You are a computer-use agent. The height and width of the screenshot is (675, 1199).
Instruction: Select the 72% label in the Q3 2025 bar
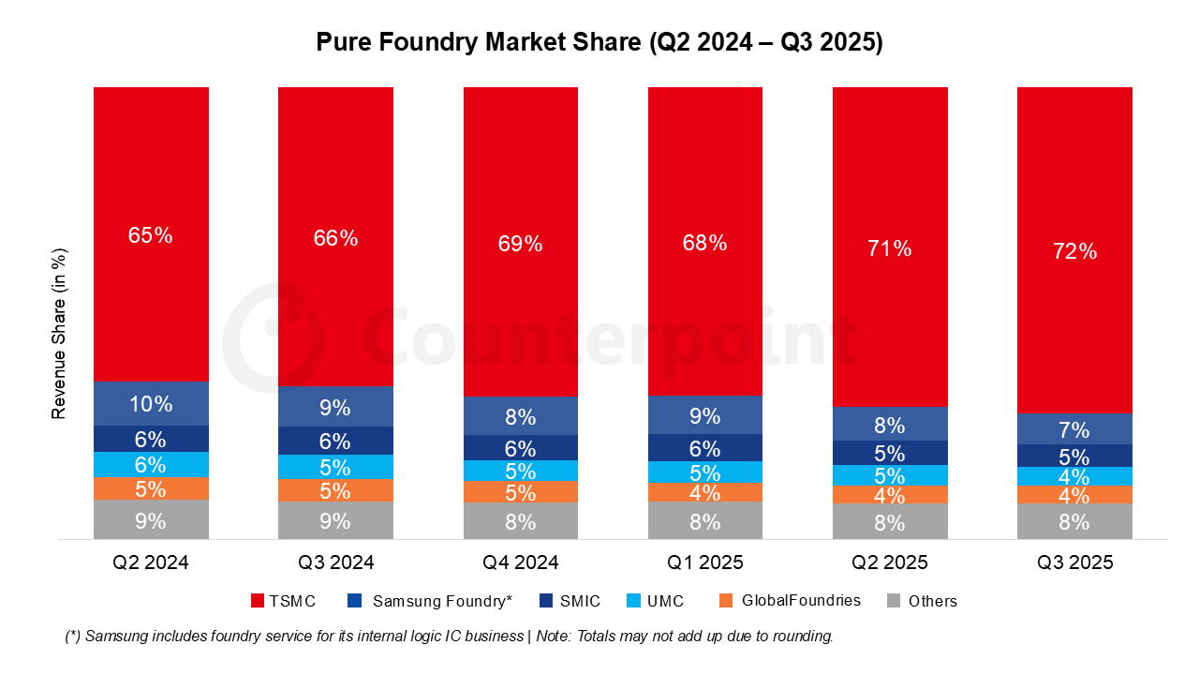[1074, 251]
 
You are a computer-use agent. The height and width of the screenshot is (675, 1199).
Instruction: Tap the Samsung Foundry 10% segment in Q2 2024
[151, 404]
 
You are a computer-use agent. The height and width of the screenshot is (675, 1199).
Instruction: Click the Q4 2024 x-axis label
[520, 562]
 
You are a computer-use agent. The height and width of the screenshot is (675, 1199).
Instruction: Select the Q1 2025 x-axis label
[704, 562]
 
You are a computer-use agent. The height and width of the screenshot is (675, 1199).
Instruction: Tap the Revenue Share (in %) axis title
[59, 333]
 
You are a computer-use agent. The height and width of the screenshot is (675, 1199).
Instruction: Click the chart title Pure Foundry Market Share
[599, 43]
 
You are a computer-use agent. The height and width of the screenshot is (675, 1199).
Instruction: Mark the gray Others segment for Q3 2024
[335, 520]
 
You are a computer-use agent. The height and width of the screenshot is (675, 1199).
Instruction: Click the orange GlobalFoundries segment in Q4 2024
[520, 492]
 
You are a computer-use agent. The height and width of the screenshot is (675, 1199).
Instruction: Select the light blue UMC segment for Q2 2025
[890, 475]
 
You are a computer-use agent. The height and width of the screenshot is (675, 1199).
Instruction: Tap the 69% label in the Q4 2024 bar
[520, 244]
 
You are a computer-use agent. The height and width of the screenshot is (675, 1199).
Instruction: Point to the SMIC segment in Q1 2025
[704, 448]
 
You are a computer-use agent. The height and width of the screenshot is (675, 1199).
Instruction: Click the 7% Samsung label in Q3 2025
[1074, 430]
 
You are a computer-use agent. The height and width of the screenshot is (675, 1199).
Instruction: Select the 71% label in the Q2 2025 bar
[890, 248]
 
